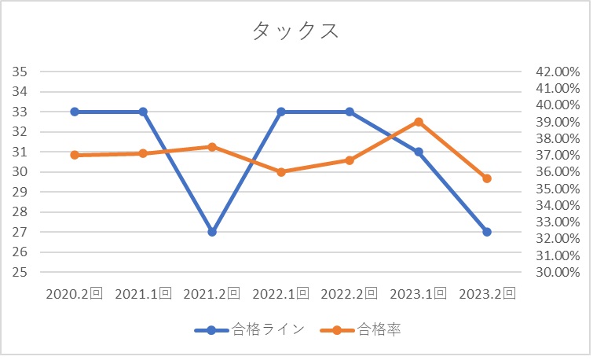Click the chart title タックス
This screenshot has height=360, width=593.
[x=295, y=31]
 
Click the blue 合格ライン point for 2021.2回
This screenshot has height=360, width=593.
[x=212, y=232]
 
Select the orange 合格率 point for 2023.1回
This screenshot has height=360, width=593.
[x=419, y=122]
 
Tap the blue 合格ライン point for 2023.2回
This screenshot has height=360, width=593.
[x=487, y=232]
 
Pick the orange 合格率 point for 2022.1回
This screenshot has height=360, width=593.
[x=281, y=171]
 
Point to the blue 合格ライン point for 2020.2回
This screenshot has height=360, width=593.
[x=75, y=112]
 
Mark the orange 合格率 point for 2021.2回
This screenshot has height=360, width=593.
[x=212, y=147]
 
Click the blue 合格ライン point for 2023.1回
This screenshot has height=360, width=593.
[x=419, y=152]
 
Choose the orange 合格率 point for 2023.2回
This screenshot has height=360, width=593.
[x=487, y=178]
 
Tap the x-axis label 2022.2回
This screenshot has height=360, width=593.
[x=350, y=294]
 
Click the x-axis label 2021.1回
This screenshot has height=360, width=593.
[x=143, y=294]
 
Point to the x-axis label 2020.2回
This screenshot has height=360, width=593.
[x=75, y=294]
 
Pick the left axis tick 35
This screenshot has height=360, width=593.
[x=21, y=72]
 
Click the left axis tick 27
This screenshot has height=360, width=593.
[x=21, y=232]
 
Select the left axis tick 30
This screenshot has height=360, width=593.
[x=21, y=172]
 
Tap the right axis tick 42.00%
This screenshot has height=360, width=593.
[x=557, y=72]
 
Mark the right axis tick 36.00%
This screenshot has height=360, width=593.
[x=557, y=172]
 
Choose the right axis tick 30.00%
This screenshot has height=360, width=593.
[x=557, y=272]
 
